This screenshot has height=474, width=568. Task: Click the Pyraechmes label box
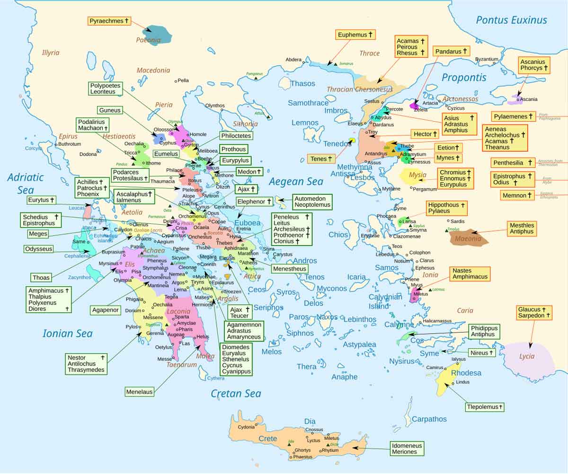point(109,21)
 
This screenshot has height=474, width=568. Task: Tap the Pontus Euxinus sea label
point(511,20)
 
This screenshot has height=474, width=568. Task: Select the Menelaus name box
point(140,392)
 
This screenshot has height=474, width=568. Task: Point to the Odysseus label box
point(38,249)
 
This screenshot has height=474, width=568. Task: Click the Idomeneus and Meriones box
point(407,448)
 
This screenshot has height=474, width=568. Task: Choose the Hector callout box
point(422,134)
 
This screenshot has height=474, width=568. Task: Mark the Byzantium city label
point(487,59)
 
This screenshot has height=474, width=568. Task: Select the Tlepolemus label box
point(484,407)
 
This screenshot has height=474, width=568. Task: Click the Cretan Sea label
point(236,394)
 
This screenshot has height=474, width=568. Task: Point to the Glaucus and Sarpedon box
point(534,312)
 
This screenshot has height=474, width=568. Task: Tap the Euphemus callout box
point(355,35)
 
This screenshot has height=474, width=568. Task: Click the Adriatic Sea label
point(26,184)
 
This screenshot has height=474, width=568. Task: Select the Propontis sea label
point(463,78)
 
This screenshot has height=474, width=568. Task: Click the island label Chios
point(338,235)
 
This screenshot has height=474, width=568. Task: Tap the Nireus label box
point(482,353)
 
